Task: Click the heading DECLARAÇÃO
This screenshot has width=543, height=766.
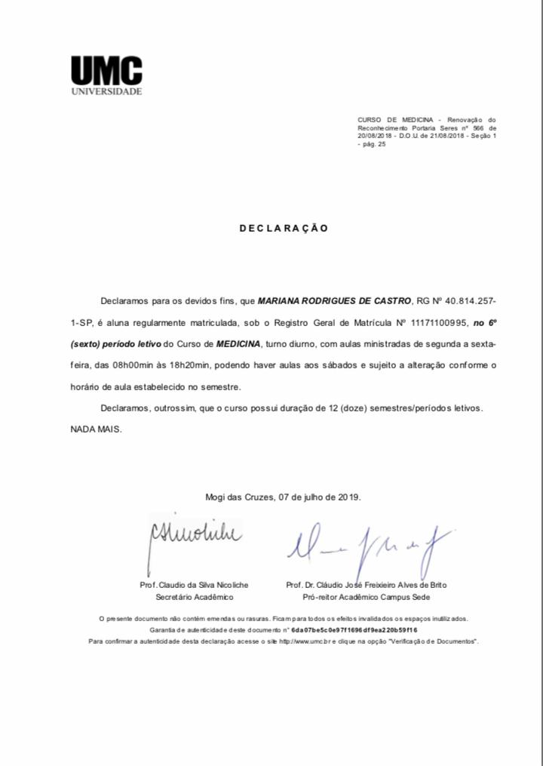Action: (284, 228)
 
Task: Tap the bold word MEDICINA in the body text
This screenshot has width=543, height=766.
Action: (238, 344)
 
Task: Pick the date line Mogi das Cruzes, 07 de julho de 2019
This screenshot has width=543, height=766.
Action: (284, 497)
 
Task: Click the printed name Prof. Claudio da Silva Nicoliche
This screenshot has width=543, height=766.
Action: (194, 585)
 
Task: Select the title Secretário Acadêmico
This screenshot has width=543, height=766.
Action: (195, 597)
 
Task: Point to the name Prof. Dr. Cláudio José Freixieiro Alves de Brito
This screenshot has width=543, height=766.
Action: (367, 585)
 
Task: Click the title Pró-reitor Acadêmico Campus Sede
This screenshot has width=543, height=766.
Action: (367, 597)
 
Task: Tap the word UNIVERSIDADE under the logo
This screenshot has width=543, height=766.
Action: (106, 92)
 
